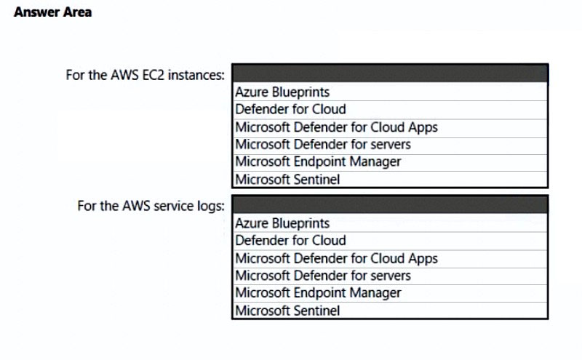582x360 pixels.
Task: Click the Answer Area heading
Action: click(52, 12)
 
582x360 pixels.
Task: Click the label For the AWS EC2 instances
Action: click(145, 75)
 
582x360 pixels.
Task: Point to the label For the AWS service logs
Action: click(151, 206)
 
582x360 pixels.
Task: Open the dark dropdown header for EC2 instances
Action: click(390, 73)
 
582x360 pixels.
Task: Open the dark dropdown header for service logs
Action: click(390, 205)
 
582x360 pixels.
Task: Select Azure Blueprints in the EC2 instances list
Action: click(282, 92)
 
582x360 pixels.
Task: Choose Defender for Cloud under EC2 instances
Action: click(290, 109)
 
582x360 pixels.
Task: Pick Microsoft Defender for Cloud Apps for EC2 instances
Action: click(337, 127)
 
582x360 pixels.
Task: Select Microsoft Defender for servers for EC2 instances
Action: click(323, 145)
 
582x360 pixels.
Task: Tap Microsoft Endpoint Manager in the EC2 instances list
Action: click(318, 161)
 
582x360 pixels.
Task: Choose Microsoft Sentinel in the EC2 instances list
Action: click(287, 180)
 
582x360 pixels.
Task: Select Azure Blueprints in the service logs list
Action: click(282, 223)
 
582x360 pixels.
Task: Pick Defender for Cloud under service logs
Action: click(290, 241)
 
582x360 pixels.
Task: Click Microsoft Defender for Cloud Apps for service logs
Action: click(337, 259)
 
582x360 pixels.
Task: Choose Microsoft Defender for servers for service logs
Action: click(323, 276)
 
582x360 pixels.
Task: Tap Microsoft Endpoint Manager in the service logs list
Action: click(318, 293)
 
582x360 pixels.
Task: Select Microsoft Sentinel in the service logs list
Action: click(287, 311)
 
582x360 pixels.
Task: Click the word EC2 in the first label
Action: click(154, 75)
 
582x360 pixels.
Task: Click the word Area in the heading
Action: click(77, 12)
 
